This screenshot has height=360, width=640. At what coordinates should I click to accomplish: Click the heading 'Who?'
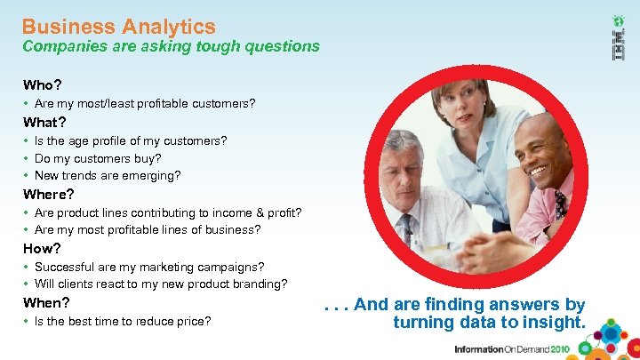pyautogui.click(x=42, y=85)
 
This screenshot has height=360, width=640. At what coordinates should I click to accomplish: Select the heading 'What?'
pyautogui.click(x=44, y=122)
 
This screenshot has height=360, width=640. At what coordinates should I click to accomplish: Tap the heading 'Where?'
pyautogui.click(x=48, y=194)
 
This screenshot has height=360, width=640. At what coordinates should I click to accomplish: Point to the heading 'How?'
pyautogui.click(x=42, y=248)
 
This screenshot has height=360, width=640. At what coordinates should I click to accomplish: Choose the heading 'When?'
pyautogui.click(x=45, y=302)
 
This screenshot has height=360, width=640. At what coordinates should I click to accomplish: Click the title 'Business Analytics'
pyautogui.click(x=118, y=27)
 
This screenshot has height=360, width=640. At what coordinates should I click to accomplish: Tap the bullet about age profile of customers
pyautogui.click(x=130, y=140)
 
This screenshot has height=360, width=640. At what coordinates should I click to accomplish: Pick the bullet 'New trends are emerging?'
pyautogui.click(x=107, y=175)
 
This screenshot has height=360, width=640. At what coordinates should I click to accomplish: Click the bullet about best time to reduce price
pyautogui.click(x=122, y=320)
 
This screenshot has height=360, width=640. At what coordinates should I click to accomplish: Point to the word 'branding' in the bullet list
pyautogui.click(x=256, y=284)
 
